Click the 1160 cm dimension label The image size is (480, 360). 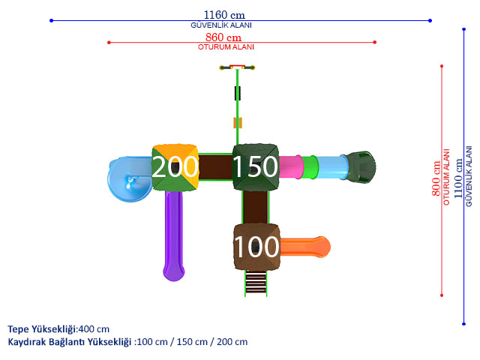(224, 15)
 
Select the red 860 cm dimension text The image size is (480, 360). (223, 37)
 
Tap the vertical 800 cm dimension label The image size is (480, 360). (436, 178)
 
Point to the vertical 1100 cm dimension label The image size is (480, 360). (457, 178)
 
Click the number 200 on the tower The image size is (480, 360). (175, 166)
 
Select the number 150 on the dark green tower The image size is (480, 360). (255, 166)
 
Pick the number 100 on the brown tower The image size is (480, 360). (256, 247)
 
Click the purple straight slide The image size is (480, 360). (173, 235)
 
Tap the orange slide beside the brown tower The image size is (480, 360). (305, 247)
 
